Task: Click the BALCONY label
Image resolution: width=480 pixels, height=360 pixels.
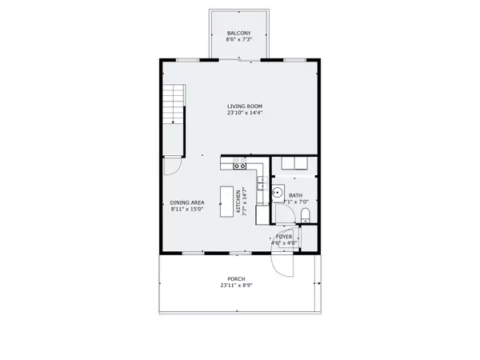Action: click(x=239, y=32)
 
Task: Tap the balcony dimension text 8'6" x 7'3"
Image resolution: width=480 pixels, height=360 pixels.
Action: click(x=239, y=39)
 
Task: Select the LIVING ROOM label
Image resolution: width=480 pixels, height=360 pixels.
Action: click(x=244, y=106)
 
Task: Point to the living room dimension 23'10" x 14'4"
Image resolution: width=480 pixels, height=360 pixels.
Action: click(x=244, y=113)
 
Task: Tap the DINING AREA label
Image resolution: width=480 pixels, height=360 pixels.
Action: click(x=187, y=202)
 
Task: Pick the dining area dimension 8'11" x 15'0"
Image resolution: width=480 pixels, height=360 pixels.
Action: click(x=187, y=209)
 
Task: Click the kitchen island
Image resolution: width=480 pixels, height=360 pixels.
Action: click(x=238, y=201)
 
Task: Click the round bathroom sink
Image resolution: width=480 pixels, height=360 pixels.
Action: click(x=277, y=191)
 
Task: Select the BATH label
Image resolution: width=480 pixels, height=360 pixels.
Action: click(x=295, y=196)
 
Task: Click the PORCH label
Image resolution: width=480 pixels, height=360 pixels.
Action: click(x=236, y=279)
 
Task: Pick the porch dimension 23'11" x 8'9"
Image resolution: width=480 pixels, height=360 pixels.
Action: click(x=236, y=286)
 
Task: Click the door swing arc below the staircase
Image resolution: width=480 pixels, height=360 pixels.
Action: click(x=171, y=166)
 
